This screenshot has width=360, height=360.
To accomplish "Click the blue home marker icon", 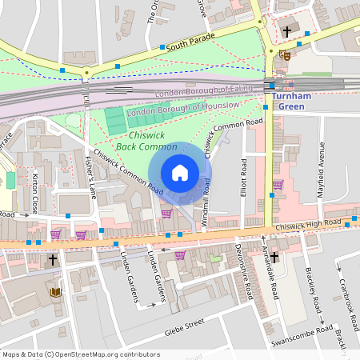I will pos(180,173).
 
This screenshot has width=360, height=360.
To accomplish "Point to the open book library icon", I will pos(56,292).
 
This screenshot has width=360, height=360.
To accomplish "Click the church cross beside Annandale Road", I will pos(274,257).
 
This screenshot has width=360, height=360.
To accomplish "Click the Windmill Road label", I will pos(206,202).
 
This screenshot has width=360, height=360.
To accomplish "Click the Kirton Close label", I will pos(35,194).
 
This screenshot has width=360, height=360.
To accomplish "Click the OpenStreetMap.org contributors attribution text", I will pos(104,354).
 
